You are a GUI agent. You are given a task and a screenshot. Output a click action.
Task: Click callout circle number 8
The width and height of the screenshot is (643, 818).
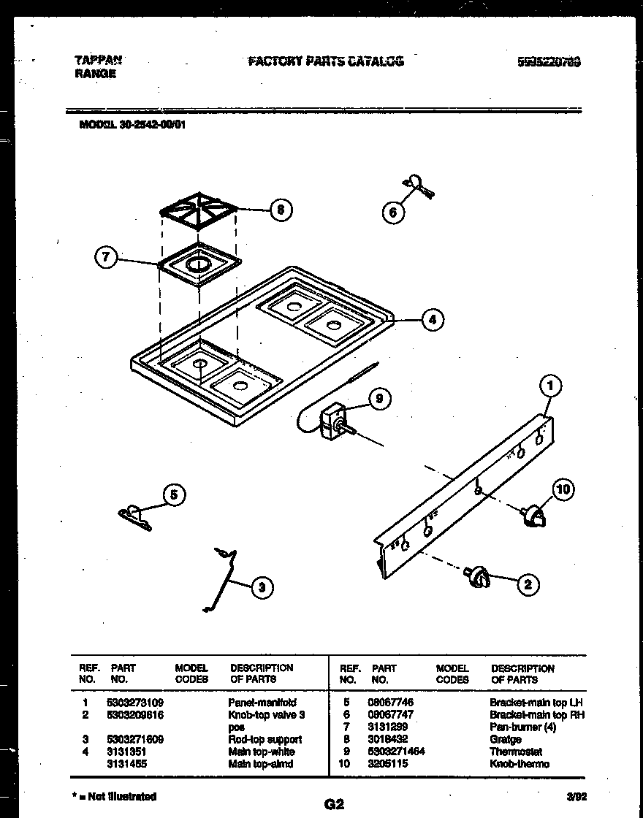(x=279, y=210)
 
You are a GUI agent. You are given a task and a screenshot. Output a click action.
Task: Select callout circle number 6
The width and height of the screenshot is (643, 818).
(x=393, y=213)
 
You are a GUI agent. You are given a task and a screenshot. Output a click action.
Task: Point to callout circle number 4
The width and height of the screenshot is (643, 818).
(x=433, y=319)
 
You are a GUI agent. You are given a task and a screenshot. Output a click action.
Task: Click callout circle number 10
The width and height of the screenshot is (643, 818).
(x=563, y=489)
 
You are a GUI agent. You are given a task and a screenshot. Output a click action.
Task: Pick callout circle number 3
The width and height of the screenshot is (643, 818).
(x=262, y=586)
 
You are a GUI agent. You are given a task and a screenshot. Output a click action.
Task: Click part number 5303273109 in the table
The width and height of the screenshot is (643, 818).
(x=137, y=703)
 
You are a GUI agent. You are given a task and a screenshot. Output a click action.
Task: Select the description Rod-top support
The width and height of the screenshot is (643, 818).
(x=265, y=739)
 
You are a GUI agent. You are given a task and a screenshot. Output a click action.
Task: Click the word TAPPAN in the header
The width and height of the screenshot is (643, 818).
(x=98, y=61)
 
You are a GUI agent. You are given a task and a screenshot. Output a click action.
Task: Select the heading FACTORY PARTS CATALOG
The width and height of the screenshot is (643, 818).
(x=325, y=61)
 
